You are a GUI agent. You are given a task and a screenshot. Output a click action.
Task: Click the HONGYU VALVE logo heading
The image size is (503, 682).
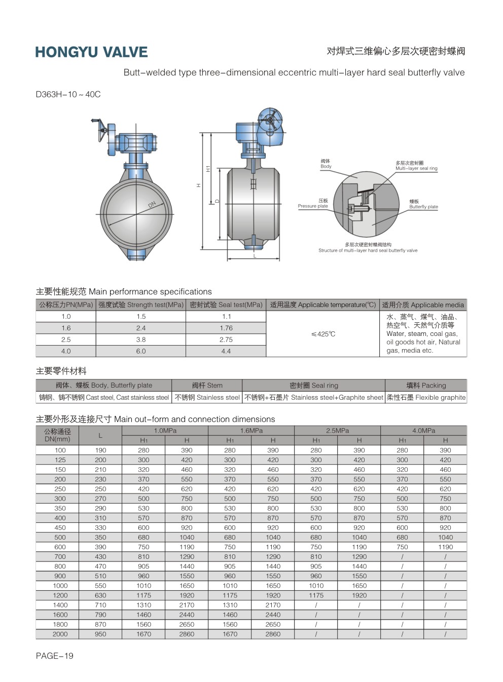tap(91, 52)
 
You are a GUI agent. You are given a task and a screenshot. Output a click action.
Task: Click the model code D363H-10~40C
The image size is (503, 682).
tap(68, 94)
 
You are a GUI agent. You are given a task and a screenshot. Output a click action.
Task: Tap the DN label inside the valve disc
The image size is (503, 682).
tap(152, 205)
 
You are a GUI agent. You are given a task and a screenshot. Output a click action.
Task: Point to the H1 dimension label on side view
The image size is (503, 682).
tap(208, 168)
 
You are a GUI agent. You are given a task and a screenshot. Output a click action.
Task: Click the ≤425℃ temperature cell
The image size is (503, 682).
tap(323, 334)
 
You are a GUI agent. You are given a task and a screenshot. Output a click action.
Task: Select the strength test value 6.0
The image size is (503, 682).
tap(141, 351)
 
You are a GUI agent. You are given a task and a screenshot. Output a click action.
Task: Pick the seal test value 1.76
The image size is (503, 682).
tap(226, 328)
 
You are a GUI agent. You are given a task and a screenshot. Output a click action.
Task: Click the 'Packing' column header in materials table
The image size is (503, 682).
tap(426, 385)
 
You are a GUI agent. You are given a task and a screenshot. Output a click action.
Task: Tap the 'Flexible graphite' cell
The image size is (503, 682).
tap(426, 398)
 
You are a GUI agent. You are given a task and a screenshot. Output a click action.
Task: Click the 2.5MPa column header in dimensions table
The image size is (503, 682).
tap(337, 431)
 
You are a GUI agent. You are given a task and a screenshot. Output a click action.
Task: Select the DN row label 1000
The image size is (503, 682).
tap(60, 586)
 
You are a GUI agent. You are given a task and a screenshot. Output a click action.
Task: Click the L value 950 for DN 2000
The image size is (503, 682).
tap(100, 634)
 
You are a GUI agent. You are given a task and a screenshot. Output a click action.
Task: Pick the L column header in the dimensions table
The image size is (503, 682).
tap(100, 435)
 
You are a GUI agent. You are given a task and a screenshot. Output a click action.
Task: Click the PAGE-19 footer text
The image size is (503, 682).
tap(54, 656)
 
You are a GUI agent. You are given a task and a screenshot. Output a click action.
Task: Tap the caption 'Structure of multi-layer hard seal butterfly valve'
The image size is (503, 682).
tap(368, 250)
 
